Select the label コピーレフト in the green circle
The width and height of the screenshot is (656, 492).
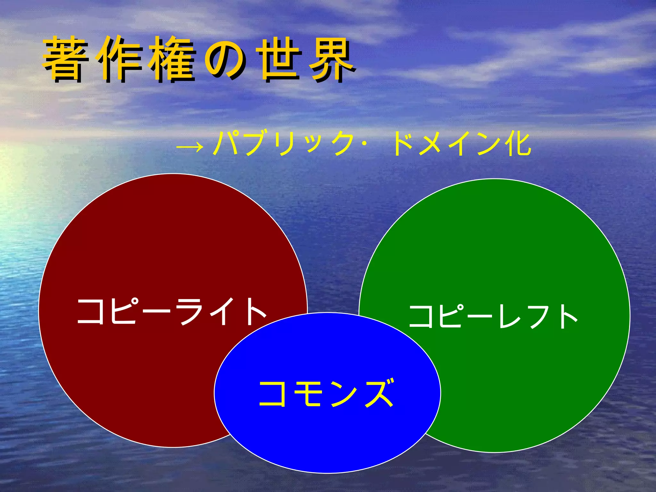493,316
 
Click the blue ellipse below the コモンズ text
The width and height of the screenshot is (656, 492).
327,442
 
